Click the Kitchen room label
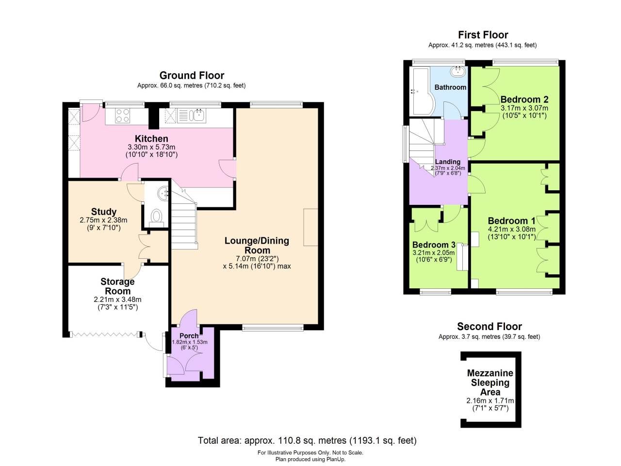[151, 139]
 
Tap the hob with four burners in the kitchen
[123, 116]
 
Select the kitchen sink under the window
[198, 115]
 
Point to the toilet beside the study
[156, 216]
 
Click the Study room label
[104, 212]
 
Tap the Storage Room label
[117, 286]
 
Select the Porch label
[189, 336]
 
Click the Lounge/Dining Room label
[257, 245]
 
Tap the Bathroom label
[450, 87]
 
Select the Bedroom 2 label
[524, 100]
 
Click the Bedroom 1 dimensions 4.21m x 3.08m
[512, 230]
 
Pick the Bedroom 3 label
[434, 245]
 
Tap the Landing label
[447, 162]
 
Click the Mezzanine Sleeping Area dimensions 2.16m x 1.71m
[490, 401]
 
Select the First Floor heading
[483, 35]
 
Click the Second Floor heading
[489, 327]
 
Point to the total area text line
[307, 441]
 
